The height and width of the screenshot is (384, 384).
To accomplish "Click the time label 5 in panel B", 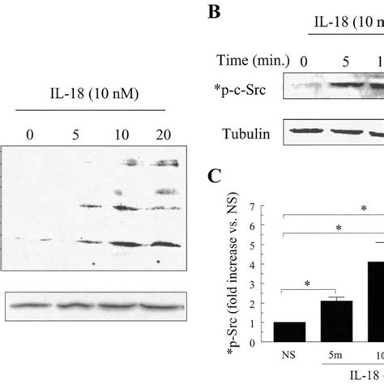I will [x=339, y=60].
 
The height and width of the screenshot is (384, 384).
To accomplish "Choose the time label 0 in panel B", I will [x=305, y=60].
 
